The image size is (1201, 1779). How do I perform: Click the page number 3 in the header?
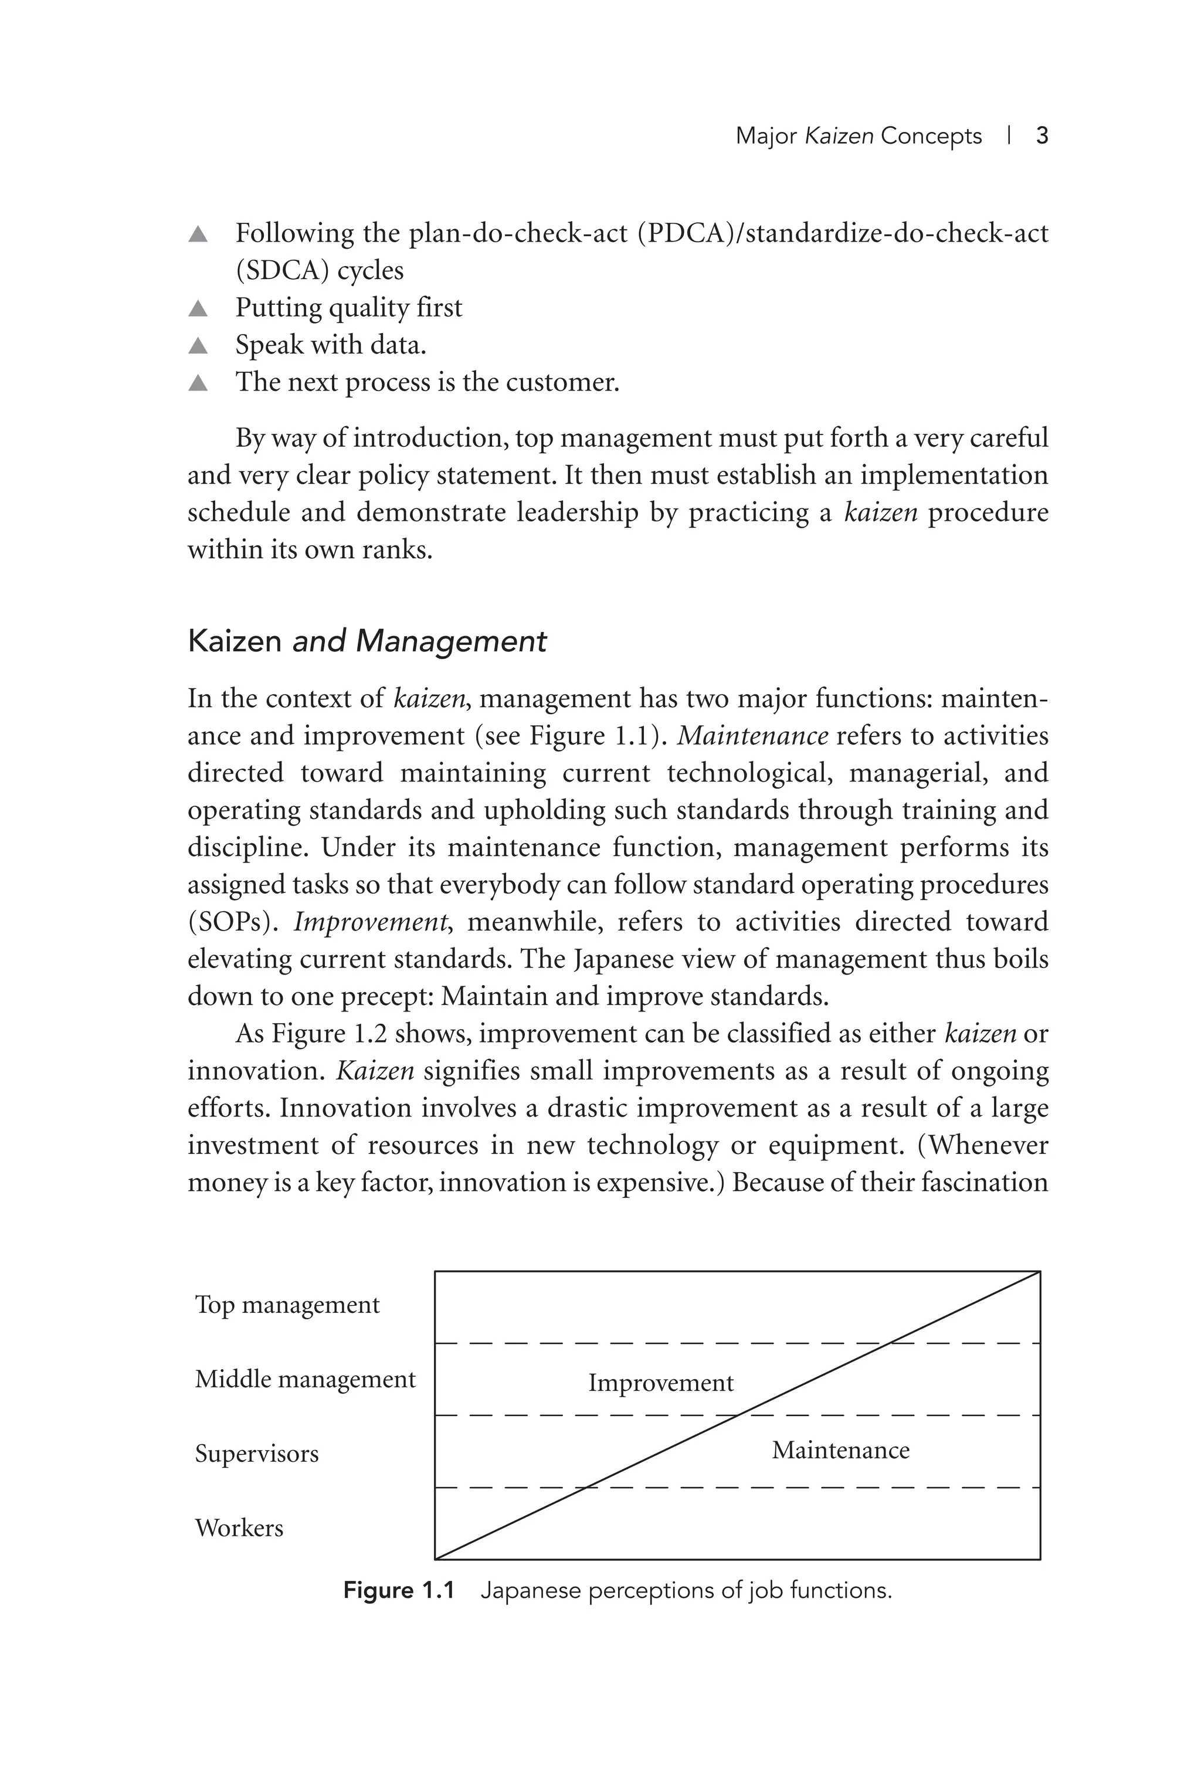point(1041,136)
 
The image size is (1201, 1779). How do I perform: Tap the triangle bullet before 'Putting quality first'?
point(198,308)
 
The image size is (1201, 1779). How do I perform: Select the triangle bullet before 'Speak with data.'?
point(198,346)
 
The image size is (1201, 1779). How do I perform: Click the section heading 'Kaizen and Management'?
point(367,641)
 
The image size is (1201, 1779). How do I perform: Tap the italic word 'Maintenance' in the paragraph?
point(752,736)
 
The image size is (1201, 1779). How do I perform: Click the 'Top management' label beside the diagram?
point(287,1305)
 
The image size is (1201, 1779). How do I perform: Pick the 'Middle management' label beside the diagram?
point(305,1379)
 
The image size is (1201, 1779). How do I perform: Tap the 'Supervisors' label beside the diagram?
point(256,1453)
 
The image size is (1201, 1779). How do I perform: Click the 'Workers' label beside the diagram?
point(239,1527)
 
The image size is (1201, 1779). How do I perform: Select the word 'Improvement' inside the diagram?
point(660,1383)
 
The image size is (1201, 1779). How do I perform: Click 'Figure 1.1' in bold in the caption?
point(399,1591)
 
